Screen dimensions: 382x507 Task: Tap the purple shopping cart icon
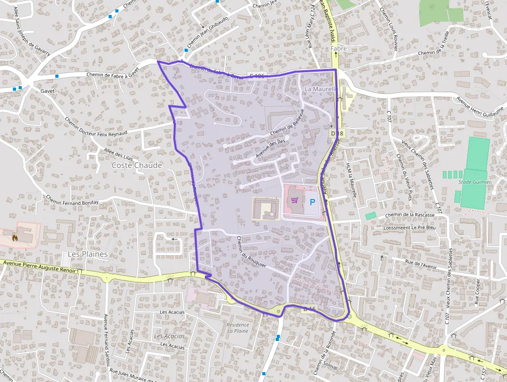(294, 200)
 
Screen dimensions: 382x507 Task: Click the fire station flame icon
(15, 237)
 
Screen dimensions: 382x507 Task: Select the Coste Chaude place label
(137, 165)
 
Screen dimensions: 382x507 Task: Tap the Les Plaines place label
(88, 254)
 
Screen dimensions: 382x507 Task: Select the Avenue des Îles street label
(270, 148)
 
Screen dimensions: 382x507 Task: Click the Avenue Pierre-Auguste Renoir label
(39, 267)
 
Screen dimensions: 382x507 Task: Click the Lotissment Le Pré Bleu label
(410, 228)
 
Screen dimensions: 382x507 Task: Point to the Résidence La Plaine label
(237, 328)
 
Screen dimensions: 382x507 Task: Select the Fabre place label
(338, 49)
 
